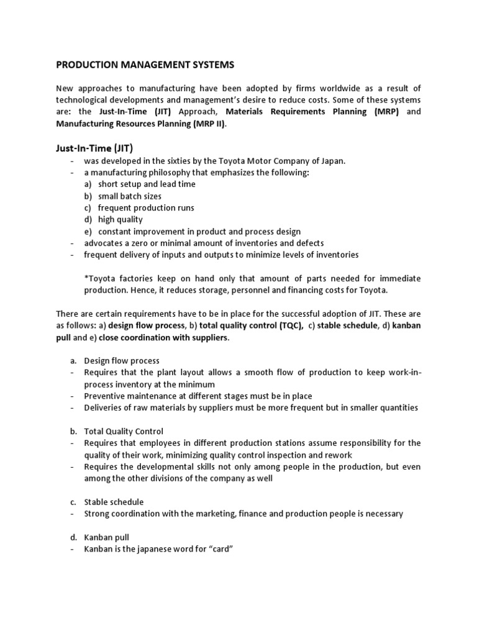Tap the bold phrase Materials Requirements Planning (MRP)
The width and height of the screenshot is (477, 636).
(313, 112)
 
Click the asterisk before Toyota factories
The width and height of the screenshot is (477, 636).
(86, 278)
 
